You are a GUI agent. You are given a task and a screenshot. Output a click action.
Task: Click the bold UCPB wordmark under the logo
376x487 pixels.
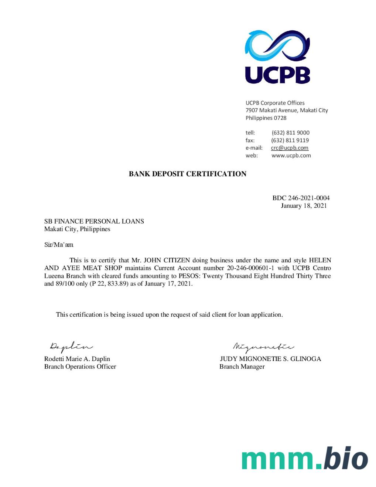click(x=277, y=75)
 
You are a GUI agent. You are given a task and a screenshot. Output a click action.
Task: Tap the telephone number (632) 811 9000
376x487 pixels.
click(x=290, y=133)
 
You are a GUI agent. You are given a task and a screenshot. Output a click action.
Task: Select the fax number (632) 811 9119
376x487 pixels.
click(x=290, y=140)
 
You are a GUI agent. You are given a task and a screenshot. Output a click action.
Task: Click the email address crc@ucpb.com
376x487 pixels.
click(x=290, y=148)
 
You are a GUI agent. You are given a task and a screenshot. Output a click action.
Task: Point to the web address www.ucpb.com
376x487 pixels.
click(x=291, y=156)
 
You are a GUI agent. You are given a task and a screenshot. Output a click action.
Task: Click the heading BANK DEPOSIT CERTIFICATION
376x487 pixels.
click(x=188, y=174)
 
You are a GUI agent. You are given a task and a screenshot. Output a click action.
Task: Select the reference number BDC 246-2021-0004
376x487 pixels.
click(x=301, y=198)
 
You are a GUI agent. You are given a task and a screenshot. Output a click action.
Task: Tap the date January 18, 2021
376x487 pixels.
click(x=304, y=206)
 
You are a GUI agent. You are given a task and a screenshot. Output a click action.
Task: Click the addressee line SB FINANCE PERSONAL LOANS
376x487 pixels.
click(x=94, y=221)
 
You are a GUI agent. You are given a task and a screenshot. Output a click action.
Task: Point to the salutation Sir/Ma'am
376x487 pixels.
click(x=59, y=245)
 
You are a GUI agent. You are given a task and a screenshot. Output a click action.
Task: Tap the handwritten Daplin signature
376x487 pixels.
click(x=71, y=347)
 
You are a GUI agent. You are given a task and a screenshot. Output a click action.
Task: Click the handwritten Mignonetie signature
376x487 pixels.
click(x=263, y=347)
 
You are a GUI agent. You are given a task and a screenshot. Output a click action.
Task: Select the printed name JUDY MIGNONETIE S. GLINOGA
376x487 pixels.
click(x=270, y=359)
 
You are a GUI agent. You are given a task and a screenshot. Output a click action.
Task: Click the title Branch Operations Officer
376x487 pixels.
click(x=80, y=367)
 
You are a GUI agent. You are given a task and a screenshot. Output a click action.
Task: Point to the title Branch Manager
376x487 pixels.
click(x=242, y=367)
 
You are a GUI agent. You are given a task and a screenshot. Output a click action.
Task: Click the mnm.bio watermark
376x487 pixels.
click(x=305, y=459)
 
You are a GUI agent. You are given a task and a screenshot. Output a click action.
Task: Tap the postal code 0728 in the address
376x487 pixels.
click(x=280, y=118)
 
